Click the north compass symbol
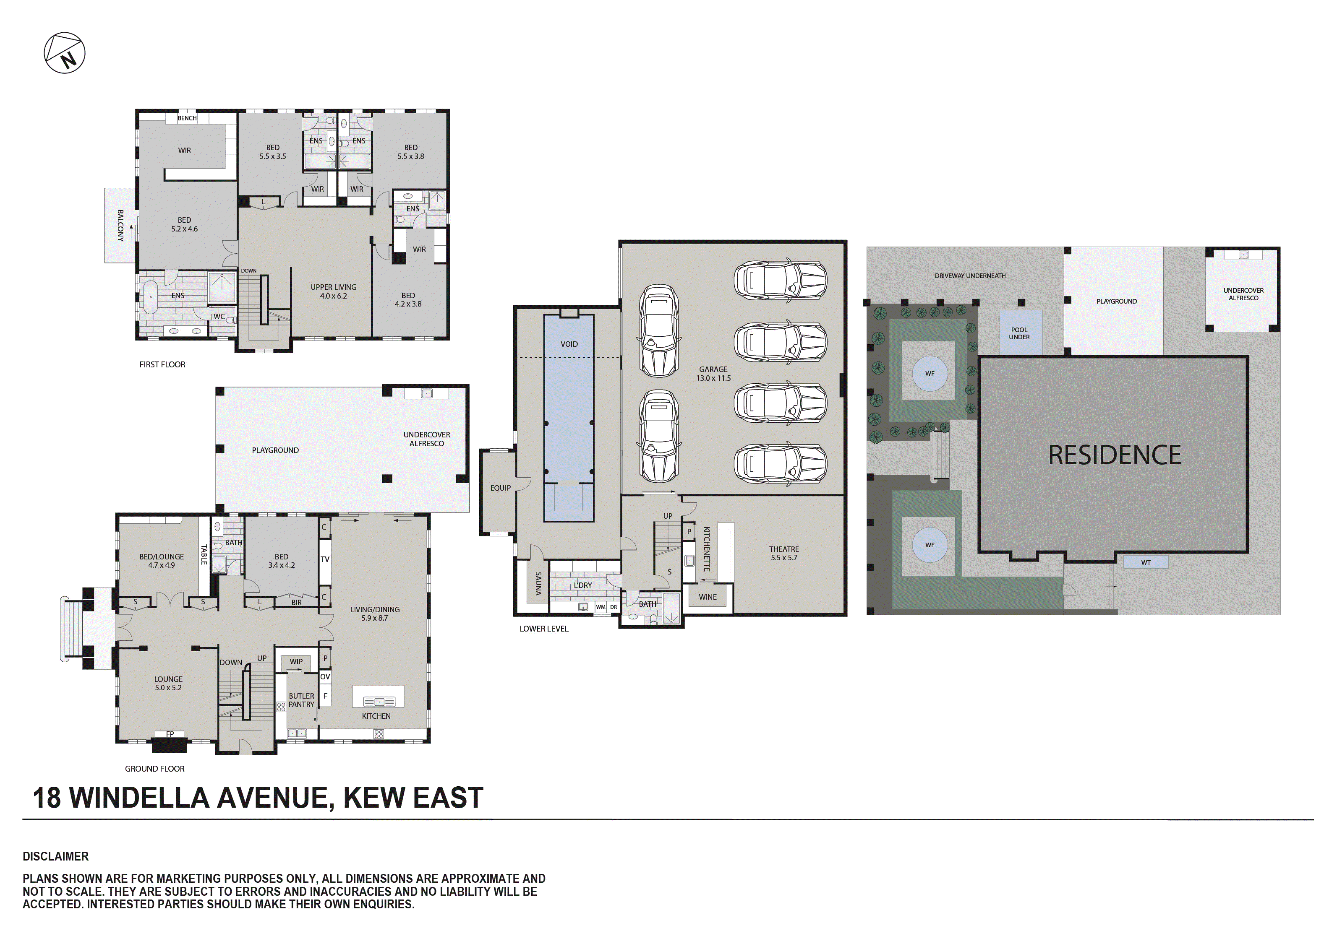pos(65,53)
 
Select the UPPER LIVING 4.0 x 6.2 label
pos(333,291)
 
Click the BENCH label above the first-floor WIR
pos(187,118)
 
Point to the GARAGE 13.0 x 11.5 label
pos(713,374)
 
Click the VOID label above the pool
pos(569,344)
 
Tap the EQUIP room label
pos(500,488)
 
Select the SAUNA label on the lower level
pos(538,583)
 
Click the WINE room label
pos(708,597)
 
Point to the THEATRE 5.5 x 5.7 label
pos(784,553)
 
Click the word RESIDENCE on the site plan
pos(1115,455)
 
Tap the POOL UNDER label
pos(1019,333)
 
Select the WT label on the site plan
pos(1145,562)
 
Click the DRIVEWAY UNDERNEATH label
pos(970,276)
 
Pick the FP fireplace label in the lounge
pos(170,734)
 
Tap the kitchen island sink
pos(379,702)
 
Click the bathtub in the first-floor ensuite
pos(150,297)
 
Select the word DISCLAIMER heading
pos(56,856)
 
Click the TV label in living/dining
pos(325,559)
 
